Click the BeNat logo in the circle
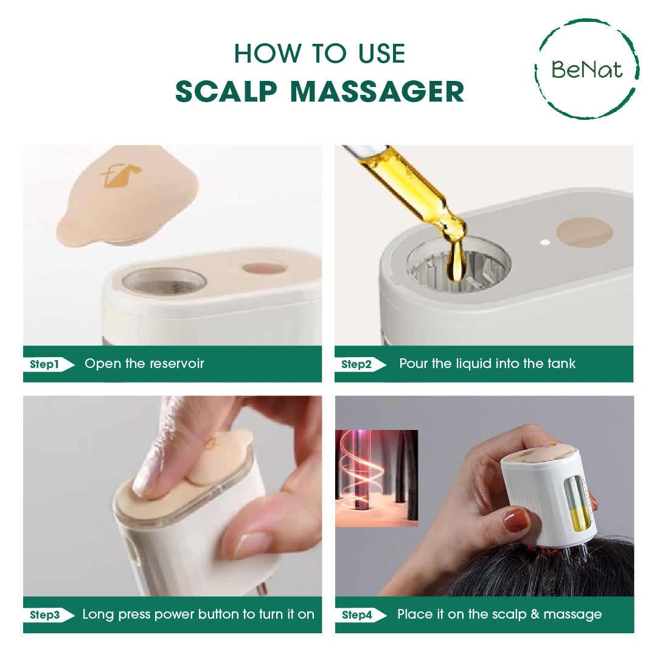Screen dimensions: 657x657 click(587, 69)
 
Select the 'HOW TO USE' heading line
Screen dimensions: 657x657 click(319, 54)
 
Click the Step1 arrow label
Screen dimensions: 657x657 click(49, 364)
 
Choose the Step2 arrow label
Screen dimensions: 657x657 click(360, 364)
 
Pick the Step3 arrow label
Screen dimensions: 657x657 click(49, 615)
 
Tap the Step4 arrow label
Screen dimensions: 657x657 click(360, 615)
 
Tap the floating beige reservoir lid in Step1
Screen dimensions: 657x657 click(127, 194)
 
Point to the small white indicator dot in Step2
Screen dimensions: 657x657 click(545, 242)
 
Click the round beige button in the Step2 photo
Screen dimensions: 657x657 click(585, 232)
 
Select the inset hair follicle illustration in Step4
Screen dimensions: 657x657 click(377, 478)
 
